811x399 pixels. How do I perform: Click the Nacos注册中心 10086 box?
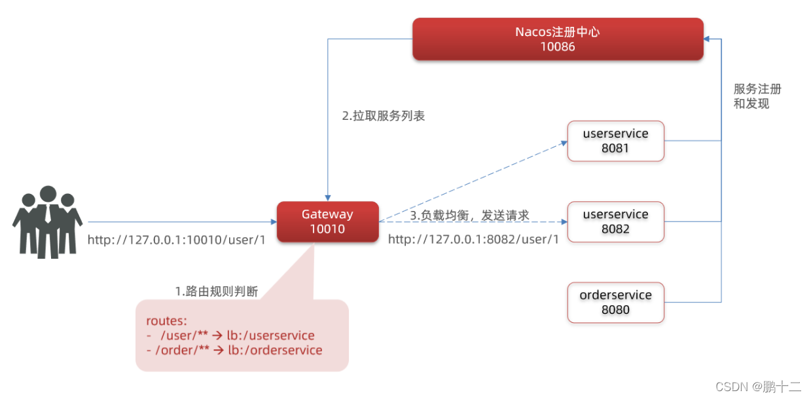pos(558,39)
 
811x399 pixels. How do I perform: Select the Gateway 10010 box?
pos(327,221)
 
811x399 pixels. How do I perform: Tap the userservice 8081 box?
pos(615,141)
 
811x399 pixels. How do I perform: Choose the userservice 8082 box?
pos(615,221)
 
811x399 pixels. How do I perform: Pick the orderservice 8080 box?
pos(615,302)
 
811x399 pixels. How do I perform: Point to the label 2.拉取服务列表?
pos(384,116)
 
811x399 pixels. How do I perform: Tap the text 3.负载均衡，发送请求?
pos(469,215)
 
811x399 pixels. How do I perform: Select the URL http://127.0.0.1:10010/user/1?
pos(177,240)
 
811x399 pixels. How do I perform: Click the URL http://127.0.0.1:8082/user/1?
pos(473,240)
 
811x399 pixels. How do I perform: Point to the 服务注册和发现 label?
pos(757,96)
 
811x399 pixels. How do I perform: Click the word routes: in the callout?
pos(166,321)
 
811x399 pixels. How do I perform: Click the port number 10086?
pos(558,47)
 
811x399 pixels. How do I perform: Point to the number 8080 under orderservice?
pos(615,309)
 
